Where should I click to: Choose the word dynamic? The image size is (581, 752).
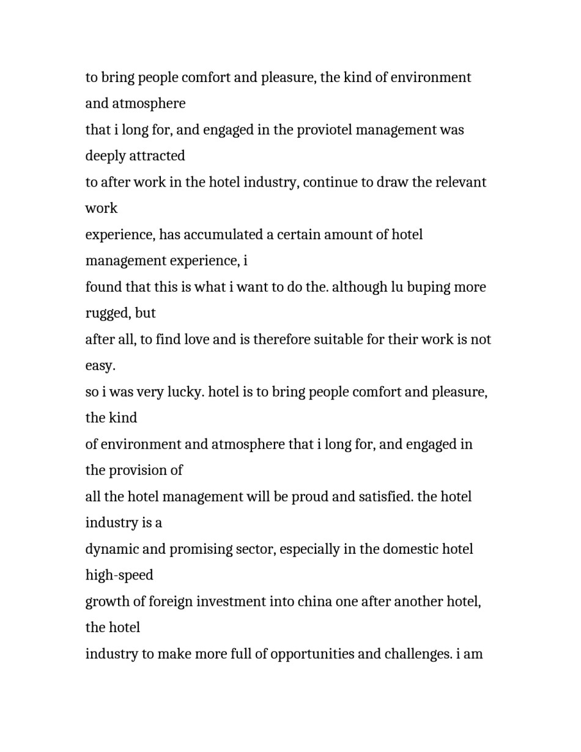[x=112, y=549]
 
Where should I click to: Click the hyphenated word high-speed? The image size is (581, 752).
[x=119, y=576]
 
